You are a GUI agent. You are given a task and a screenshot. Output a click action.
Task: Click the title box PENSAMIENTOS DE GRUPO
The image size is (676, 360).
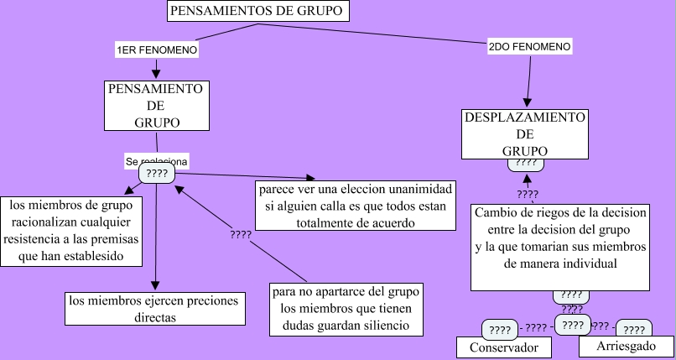(257, 12)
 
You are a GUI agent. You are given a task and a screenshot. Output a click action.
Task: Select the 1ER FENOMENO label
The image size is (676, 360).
(157, 50)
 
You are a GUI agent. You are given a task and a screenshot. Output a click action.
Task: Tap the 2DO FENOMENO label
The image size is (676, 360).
(529, 46)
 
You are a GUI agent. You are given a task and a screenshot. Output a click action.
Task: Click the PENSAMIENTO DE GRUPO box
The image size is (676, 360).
(156, 105)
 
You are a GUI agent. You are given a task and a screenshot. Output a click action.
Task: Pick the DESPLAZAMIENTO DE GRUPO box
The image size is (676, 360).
(525, 133)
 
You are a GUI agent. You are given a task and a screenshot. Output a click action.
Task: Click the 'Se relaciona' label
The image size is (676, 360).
(157, 159)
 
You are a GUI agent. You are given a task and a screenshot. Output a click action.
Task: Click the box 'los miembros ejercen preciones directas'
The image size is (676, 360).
(155, 308)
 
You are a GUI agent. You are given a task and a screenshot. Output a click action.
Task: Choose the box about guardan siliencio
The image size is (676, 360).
(346, 309)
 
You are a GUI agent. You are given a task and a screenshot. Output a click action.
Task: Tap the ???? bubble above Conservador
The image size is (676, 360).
(501, 330)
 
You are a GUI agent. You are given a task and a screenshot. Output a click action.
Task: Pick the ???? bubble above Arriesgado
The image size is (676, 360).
(635, 330)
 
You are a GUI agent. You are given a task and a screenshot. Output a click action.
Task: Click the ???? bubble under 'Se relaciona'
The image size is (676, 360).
(157, 174)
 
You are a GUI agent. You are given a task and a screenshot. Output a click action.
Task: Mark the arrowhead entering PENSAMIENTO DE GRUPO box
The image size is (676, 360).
(156, 74)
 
